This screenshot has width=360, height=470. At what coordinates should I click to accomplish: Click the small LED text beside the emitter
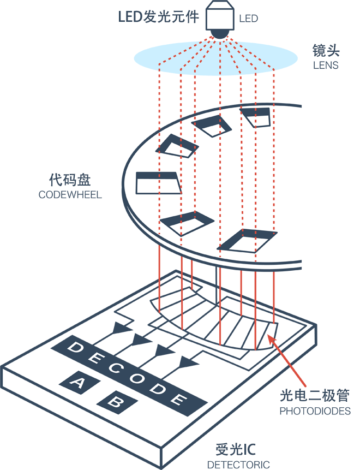pos(248,20)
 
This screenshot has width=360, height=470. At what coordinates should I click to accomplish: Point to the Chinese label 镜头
pos(326,51)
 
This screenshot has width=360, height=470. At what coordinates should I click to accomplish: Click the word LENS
pos(326,66)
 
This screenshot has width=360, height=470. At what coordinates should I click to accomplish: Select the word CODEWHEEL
pos(70,194)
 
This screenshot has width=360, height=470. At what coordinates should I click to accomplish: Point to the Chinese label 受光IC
pos(235,450)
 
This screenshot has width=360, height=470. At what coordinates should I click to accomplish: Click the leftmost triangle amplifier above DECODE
pos(121,329)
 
